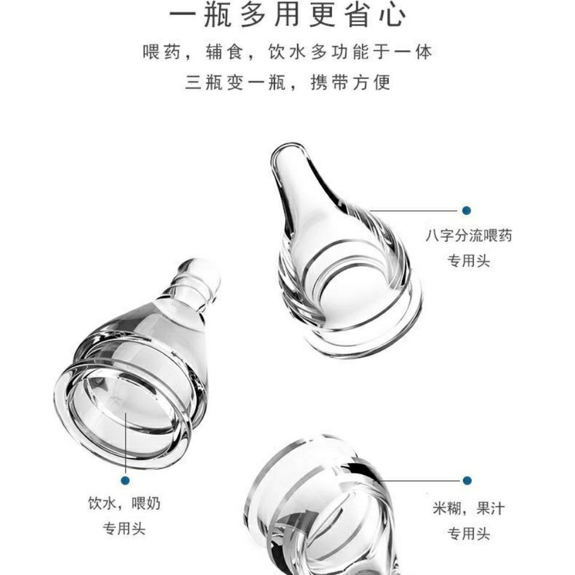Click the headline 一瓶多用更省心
(x=287, y=16)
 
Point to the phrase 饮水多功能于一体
(x=350, y=53)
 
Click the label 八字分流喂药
(x=469, y=236)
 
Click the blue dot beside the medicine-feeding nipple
(x=467, y=210)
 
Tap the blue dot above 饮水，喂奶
(x=125, y=480)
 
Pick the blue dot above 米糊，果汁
(x=467, y=480)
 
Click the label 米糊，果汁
(x=468, y=509)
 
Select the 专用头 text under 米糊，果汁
(x=469, y=533)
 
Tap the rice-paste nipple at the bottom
(x=317, y=509)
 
